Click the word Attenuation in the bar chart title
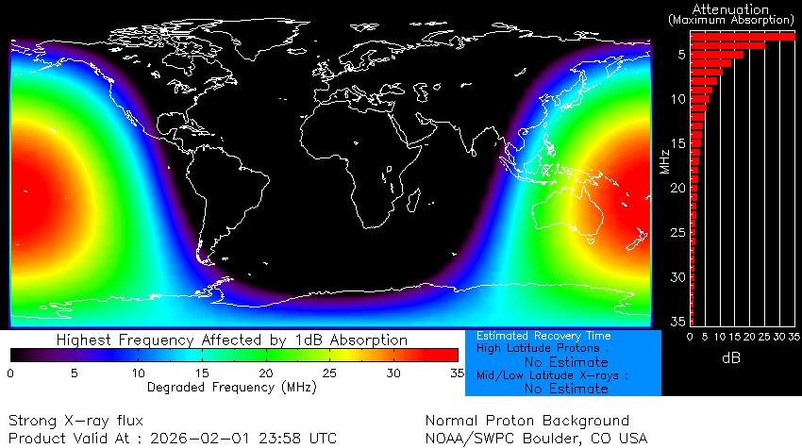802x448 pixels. [730, 8]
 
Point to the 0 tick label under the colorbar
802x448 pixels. [11, 373]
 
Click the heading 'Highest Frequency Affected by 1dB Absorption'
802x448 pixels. [232, 340]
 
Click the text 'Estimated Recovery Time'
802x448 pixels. [543, 336]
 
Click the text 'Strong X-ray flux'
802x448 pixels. [75, 421]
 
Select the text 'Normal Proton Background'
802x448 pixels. [526, 421]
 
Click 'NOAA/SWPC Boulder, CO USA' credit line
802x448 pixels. [537, 438]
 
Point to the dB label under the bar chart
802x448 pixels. [731, 358]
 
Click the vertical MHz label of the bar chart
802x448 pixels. [665, 160]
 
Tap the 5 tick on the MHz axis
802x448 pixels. [680, 55]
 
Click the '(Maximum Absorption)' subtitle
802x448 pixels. [731, 20]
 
